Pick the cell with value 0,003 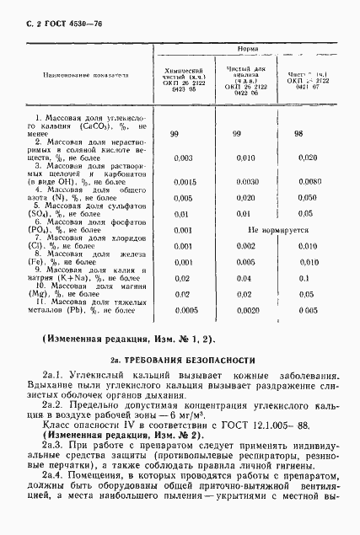[x=182, y=158]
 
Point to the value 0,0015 [x=182, y=182]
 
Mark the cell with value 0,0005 [x=182, y=309]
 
